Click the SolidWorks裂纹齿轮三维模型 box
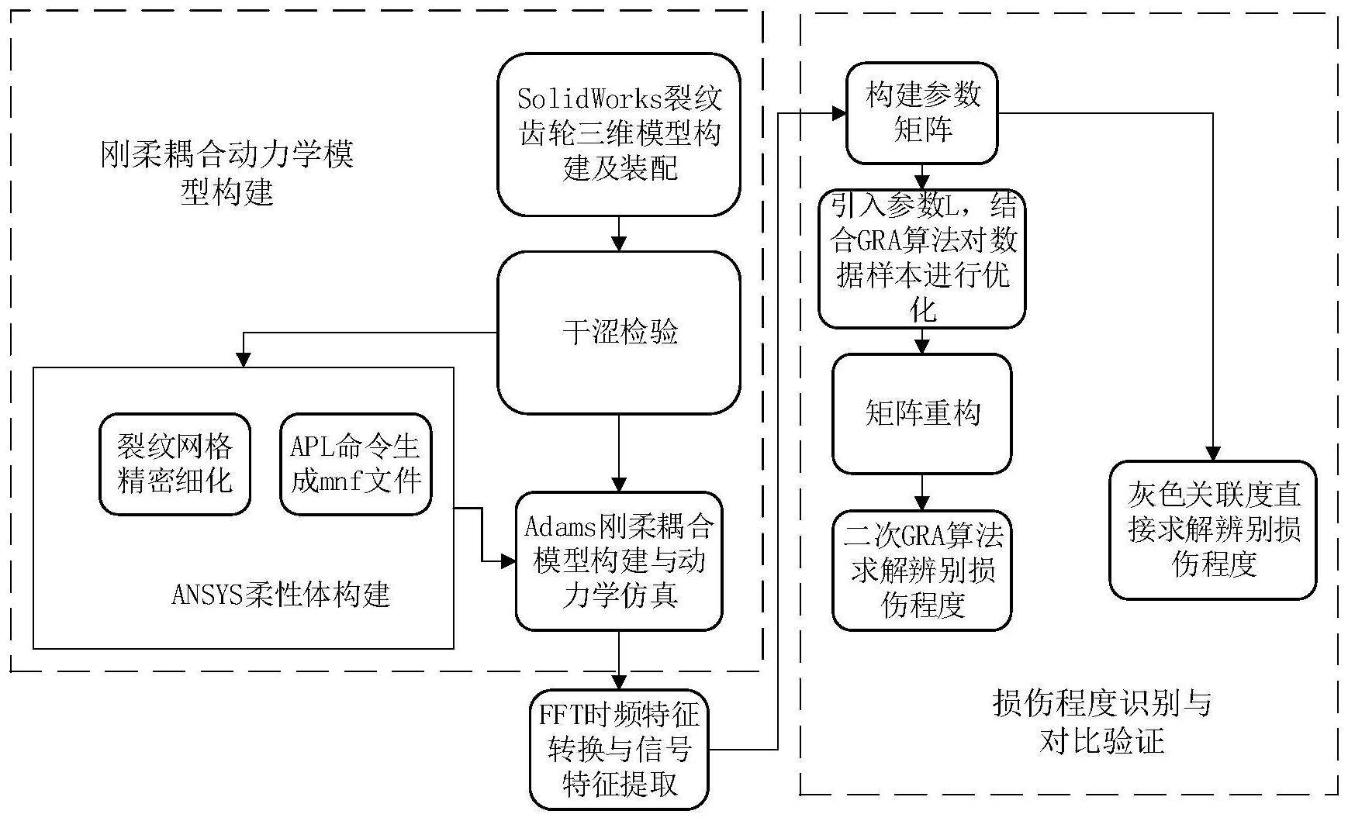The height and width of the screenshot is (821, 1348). pyautogui.click(x=618, y=133)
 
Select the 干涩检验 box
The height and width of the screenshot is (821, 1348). pyautogui.click(x=618, y=332)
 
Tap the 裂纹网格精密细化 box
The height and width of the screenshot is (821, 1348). pyautogui.click(x=175, y=464)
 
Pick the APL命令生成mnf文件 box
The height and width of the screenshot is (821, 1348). pyautogui.click(x=355, y=464)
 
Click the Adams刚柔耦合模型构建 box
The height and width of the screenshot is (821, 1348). pyautogui.click(x=618, y=560)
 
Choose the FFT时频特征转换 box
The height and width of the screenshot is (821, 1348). pyautogui.click(x=618, y=749)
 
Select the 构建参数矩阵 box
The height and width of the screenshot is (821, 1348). pyautogui.click(x=921, y=113)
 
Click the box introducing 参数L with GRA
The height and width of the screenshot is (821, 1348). pyautogui.click(x=921, y=258)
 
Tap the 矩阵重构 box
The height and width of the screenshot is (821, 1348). pyautogui.click(x=921, y=413)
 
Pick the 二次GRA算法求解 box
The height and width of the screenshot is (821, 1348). pyautogui.click(x=921, y=570)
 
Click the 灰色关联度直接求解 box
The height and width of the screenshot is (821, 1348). pyautogui.click(x=1212, y=530)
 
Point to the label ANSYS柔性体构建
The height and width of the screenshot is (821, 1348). pyautogui.click(x=280, y=595)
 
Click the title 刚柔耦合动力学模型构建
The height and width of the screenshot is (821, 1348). pyautogui.click(x=226, y=172)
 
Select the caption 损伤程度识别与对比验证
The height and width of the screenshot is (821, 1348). pyautogui.click(x=1101, y=722)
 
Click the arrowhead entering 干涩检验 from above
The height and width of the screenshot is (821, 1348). pyautogui.click(x=618, y=243)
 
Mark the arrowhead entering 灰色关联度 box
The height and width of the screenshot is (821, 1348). pyautogui.click(x=1212, y=454)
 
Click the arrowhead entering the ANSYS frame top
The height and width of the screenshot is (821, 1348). pyautogui.click(x=244, y=360)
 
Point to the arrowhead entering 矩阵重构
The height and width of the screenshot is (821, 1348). pyautogui.click(x=921, y=347)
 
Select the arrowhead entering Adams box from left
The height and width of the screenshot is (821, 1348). pyautogui.click(x=508, y=561)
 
